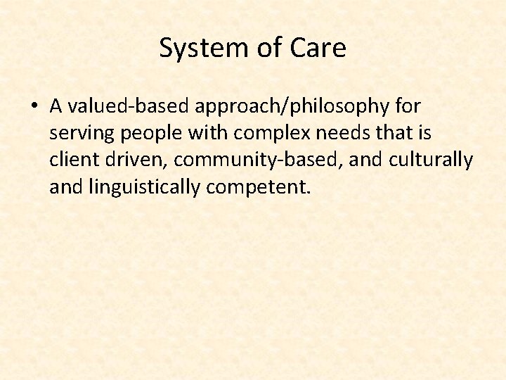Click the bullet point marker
click(x=34, y=107)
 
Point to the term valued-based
click(x=119, y=106)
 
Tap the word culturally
click(x=431, y=160)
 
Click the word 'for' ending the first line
click(x=407, y=106)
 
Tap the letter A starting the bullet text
click(x=57, y=106)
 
